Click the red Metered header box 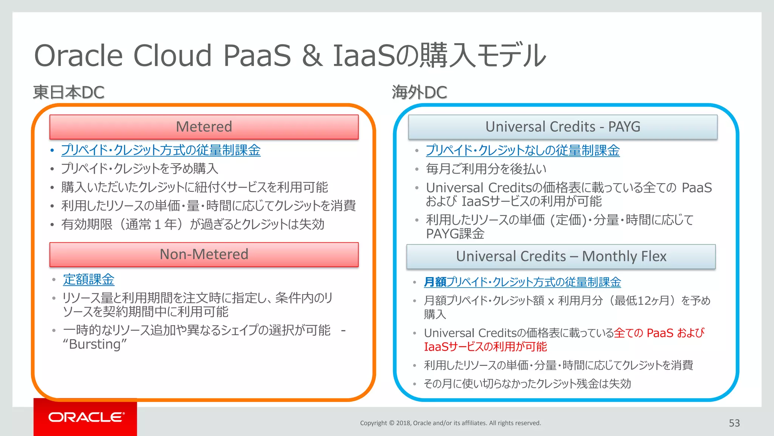(204, 127)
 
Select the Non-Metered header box (204, 254)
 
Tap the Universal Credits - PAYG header (562, 127)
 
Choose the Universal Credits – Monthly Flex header (561, 256)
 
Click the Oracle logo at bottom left (86, 417)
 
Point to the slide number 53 (734, 423)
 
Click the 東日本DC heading (68, 92)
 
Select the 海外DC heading (419, 92)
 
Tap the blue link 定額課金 (88, 280)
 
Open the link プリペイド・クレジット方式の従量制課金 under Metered (161, 150)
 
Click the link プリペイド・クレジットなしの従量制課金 (522, 150)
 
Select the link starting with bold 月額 (522, 282)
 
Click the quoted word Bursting (95, 344)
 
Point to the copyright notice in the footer (450, 423)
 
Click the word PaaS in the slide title (257, 56)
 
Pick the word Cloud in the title (172, 56)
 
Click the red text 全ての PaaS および (659, 333)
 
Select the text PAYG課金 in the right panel (455, 234)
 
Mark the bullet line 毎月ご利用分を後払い (486, 169)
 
